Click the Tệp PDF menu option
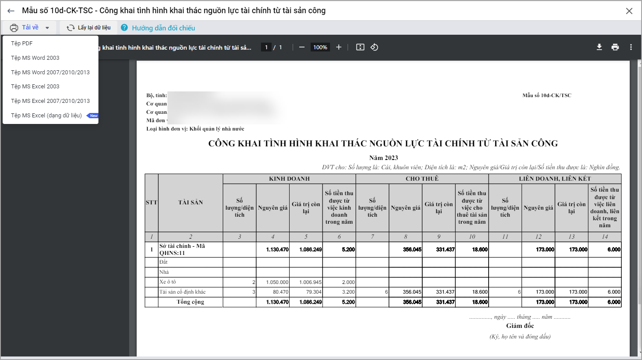click(22, 44)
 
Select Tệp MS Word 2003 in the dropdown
click(35, 58)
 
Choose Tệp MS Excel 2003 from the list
click(35, 87)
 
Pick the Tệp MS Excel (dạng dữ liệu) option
click(47, 116)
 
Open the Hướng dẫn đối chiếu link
click(163, 28)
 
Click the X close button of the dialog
click(629, 11)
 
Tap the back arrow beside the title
click(11, 11)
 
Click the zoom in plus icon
click(339, 47)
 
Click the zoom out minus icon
click(302, 47)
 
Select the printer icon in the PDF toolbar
click(615, 47)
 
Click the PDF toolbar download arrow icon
click(599, 47)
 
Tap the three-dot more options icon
click(631, 47)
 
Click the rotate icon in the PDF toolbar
click(374, 47)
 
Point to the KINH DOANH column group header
click(289, 179)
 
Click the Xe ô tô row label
click(168, 282)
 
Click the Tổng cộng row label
click(190, 302)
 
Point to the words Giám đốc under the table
click(520, 326)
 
